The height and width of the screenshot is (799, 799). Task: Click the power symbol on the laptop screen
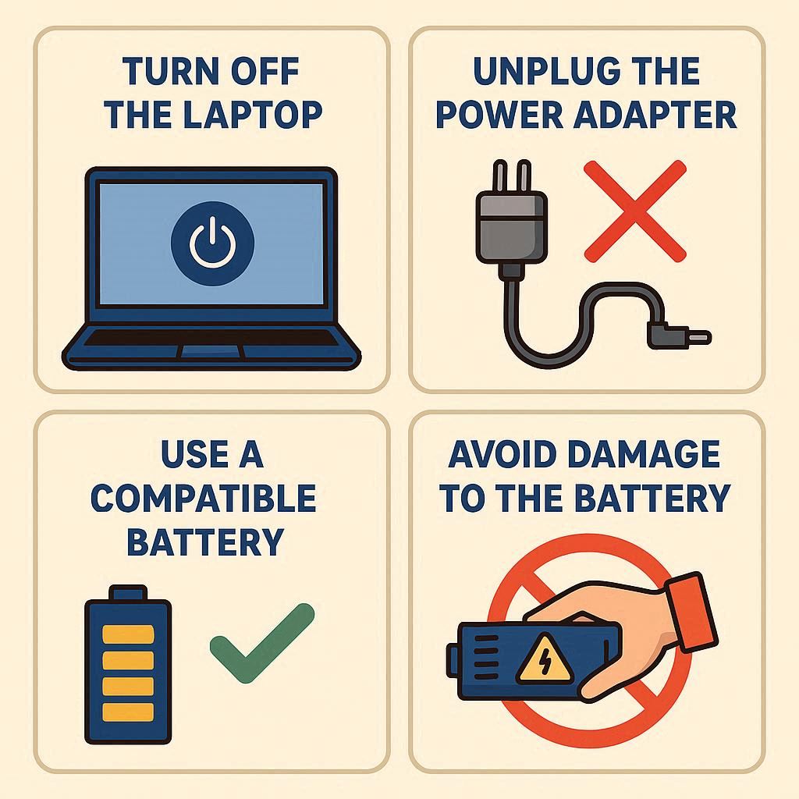212,243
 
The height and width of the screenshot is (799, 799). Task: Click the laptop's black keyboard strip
211,337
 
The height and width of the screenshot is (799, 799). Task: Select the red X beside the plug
635,211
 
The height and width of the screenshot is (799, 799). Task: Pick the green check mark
262,643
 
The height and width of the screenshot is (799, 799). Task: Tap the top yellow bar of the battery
128,634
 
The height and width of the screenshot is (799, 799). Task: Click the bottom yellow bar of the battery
128,712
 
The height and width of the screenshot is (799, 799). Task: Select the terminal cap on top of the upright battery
128,593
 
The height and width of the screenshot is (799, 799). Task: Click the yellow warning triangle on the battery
545,659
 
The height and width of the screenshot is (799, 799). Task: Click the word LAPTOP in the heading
252,115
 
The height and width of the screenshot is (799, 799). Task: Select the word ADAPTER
655,115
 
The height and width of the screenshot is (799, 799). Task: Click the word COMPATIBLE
204,498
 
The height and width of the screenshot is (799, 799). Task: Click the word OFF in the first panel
265,71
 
